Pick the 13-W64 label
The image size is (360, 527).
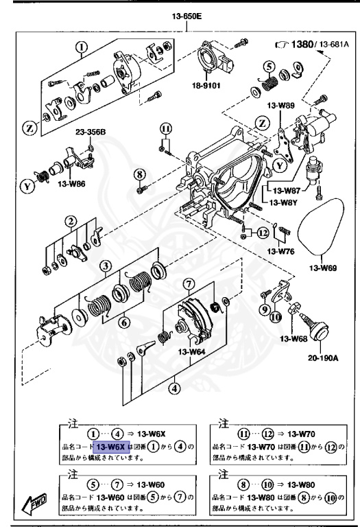pyautogui.click(x=193, y=352)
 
